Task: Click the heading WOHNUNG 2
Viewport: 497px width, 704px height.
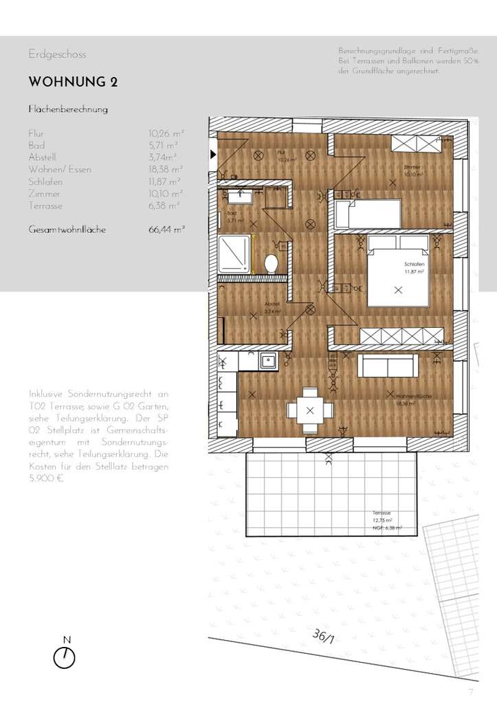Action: (x=73, y=82)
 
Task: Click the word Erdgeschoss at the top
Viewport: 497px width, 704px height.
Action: (x=57, y=54)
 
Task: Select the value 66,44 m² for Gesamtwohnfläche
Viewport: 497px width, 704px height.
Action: (x=166, y=230)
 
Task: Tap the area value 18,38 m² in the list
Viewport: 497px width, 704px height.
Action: (x=165, y=169)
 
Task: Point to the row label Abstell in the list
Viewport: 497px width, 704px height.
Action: (x=42, y=157)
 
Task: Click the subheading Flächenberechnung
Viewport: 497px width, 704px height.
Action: (x=67, y=109)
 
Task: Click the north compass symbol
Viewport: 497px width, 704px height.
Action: (x=65, y=657)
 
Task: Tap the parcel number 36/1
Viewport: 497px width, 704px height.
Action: (x=323, y=637)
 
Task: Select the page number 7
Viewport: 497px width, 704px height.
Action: (x=471, y=692)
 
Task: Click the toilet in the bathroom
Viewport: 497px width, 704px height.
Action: (x=272, y=262)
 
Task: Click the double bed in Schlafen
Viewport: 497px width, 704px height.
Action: (x=397, y=272)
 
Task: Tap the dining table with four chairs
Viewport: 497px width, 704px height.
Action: (x=310, y=410)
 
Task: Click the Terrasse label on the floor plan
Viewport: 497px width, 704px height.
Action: (x=382, y=514)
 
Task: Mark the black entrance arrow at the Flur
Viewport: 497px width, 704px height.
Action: (x=213, y=154)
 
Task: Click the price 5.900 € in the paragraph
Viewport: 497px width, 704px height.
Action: (x=46, y=478)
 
